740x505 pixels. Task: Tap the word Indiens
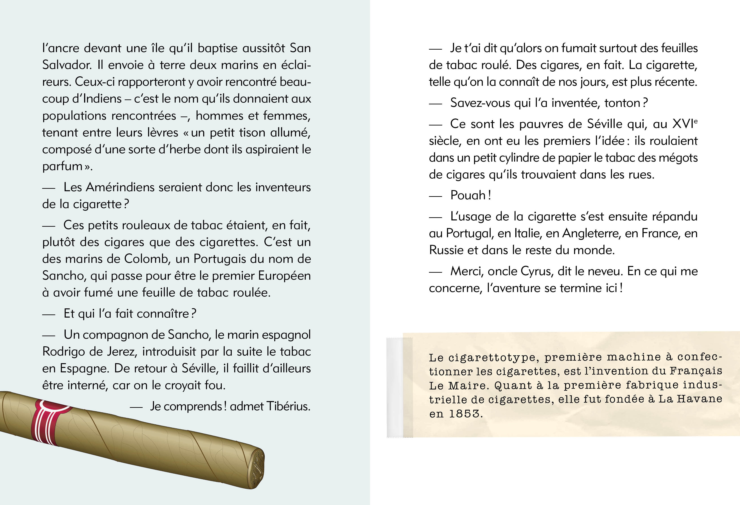click(x=102, y=99)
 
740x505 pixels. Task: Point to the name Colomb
click(x=146, y=259)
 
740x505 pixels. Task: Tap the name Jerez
click(x=122, y=352)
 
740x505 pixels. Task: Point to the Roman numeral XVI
click(x=683, y=124)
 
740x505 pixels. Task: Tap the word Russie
click(x=446, y=250)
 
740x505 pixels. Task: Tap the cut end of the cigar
click(x=256, y=468)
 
